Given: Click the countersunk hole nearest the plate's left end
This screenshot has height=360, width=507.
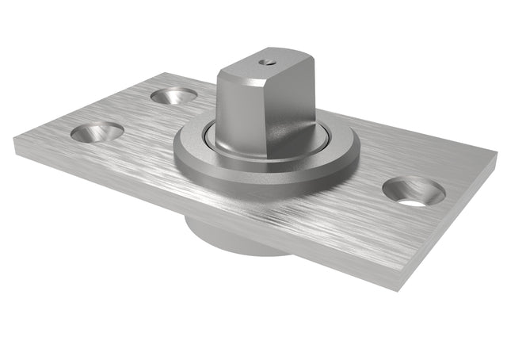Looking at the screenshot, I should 97,132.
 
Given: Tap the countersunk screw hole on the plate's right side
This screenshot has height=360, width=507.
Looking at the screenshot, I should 414,191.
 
